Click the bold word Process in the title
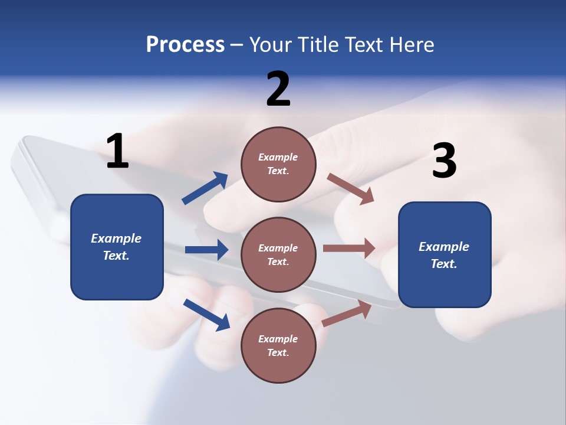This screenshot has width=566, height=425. tap(185, 45)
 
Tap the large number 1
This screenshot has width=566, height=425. tap(117, 152)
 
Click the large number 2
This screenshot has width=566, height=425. tap(278, 89)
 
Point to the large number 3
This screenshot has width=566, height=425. tap(444, 161)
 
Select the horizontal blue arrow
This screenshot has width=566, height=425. tap(206, 250)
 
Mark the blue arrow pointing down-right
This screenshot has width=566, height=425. tap(206, 315)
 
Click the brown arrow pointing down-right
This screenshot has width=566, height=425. tap(351, 189)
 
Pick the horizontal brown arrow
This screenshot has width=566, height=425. tap(349, 249)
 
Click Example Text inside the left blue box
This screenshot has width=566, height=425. tap(116, 247)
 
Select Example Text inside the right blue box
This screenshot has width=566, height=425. tap(444, 255)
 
